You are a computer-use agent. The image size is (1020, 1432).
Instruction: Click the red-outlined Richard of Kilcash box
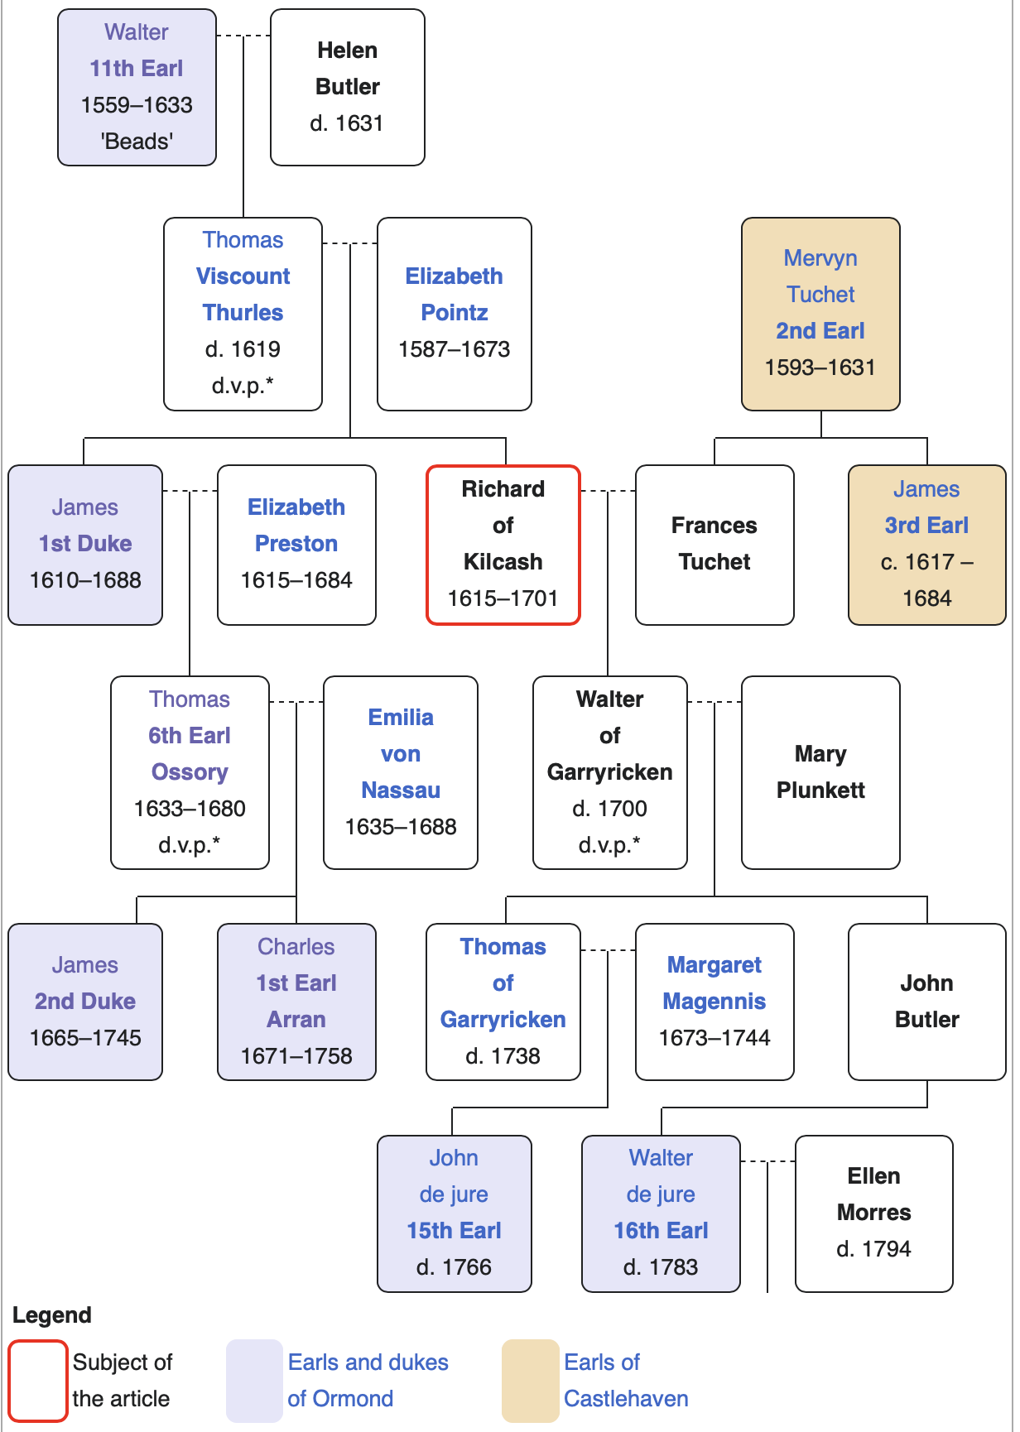[x=503, y=544]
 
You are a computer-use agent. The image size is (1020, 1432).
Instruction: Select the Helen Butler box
[x=347, y=87]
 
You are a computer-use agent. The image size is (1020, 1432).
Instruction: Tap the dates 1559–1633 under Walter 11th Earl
[x=137, y=105]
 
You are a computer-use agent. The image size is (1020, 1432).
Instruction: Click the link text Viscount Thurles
[x=243, y=294]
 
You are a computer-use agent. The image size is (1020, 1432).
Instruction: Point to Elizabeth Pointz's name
[x=454, y=294]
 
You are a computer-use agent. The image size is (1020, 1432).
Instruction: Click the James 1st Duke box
[x=85, y=544]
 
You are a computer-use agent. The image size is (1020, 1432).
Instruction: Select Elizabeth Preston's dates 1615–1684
[x=296, y=580]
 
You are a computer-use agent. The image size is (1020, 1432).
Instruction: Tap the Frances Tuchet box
[x=714, y=544]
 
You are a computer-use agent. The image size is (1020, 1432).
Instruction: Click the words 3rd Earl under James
[x=926, y=526]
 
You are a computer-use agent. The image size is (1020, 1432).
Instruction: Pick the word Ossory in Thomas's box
[x=190, y=772]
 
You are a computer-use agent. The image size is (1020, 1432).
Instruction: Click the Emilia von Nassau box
[x=401, y=772]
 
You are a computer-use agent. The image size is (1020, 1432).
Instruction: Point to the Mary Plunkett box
[x=820, y=772]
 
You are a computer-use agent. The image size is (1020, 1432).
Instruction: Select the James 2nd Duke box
[x=85, y=1002]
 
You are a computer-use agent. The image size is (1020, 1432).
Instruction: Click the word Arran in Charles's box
[x=296, y=1020]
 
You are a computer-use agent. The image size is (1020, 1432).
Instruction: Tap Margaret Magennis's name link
[x=714, y=983]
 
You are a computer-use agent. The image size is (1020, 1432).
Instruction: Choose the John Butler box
[x=926, y=1002]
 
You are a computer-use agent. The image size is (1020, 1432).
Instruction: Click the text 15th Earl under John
[x=454, y=1231]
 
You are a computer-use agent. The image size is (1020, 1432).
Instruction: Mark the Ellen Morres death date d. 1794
[x=873, y=1249]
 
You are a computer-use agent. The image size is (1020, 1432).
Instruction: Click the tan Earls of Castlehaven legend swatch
[x=530, y=1381]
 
